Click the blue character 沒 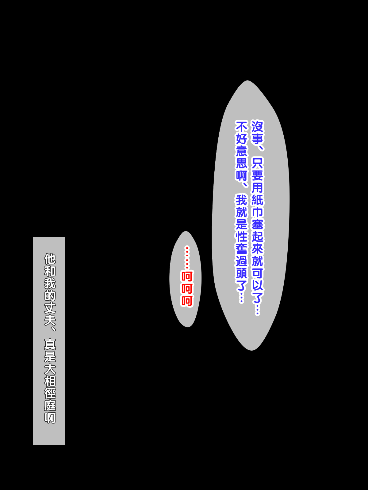tap(257, 126)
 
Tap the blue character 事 tap(257, 139)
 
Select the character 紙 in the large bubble tap(257, 200)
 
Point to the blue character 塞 tap(257, 224)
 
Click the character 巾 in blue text tap(257, 212)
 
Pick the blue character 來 tap(257, 249)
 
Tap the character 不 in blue tap(241, 126)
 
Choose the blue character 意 tap(241, 151)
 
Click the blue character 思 tap(241, 163)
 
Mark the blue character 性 tap(241, 237)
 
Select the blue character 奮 tap(241, 249)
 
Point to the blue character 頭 tap(241, 273)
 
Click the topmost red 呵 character tap(187, 277)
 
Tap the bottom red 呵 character tap(187, 301)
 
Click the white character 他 tap(50, 259)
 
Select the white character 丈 tap(50, 308)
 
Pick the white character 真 tap(50, 344)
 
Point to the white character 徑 tap(50, 393)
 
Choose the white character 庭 tap(50, 405)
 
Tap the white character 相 tap(50, 381)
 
